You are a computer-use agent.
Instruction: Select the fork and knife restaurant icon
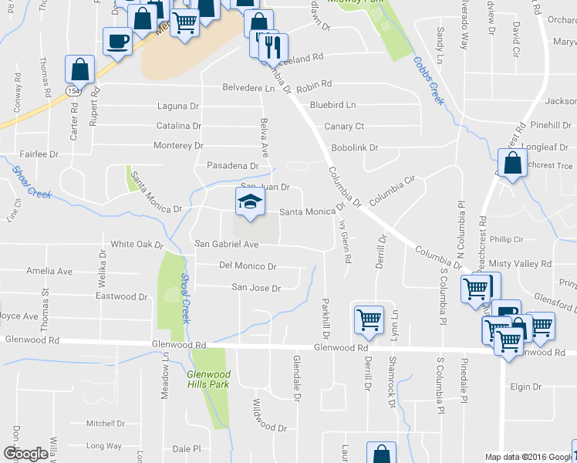(x=273, y=47)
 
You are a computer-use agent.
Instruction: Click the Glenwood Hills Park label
(x=208, y=380)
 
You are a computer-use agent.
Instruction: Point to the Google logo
(x=25, y=454)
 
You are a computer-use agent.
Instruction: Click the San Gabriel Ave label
(x=225, y=244)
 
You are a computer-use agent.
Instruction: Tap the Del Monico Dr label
(x=248, y=266)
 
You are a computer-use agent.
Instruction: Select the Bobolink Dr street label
(x=354, y=147)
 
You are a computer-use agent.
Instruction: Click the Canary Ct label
(x=344, y=126)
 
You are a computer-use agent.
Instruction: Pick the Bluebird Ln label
(x=332, y=104)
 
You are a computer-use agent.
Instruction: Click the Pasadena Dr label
(x=232, y=166)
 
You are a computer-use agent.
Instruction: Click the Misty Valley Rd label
(x=525, y=264)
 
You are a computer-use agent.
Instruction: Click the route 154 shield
(x=73, y=90)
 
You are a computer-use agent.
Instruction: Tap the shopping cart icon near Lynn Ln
(x=369, y=319)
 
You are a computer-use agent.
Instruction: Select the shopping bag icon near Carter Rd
(x=79, y=69)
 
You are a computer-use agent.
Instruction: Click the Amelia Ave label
(x=49, y=272)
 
